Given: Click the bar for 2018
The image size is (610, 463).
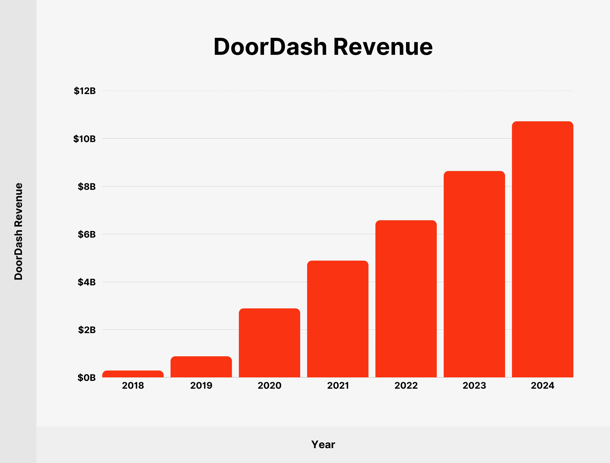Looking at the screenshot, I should click(133, 374).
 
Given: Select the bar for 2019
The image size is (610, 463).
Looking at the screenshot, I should click(201, 367).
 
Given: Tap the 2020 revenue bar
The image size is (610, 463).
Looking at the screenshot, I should click(269, 343).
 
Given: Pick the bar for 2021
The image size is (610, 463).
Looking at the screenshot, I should click(338, 319).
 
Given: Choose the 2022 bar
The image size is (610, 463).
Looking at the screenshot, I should click(406, 299).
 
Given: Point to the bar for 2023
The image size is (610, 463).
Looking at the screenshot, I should click(474, 274).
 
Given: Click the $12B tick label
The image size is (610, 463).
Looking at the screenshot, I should click(85, 91).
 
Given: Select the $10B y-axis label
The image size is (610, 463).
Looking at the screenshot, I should click(84, 139).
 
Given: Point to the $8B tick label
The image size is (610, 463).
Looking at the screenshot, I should click(87, 187).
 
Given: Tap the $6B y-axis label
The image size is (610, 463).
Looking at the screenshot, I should click(87, 234).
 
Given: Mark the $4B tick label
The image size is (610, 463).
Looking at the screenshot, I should click(87, 282).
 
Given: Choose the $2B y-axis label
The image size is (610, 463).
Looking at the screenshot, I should click(87, 330).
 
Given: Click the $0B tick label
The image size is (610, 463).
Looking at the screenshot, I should click(87, 377).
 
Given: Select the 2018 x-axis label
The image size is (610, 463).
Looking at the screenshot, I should click(133, 386).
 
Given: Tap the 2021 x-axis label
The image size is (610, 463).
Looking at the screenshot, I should click(338, 386).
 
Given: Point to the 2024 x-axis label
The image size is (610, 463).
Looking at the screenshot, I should click(542, 386).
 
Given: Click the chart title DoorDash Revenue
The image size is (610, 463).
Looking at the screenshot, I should click(323, 47).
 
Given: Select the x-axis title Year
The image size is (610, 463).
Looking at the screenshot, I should click(323, 444).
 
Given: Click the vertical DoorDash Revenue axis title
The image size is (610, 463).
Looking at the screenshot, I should click(19, 231).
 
